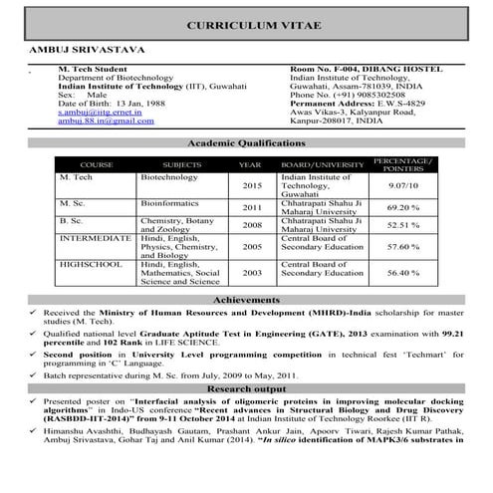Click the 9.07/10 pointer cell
[401, 185]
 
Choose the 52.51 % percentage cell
[401, 226]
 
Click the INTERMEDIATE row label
[96, 239]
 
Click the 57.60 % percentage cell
[401, 246]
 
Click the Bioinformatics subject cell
[174, 202]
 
